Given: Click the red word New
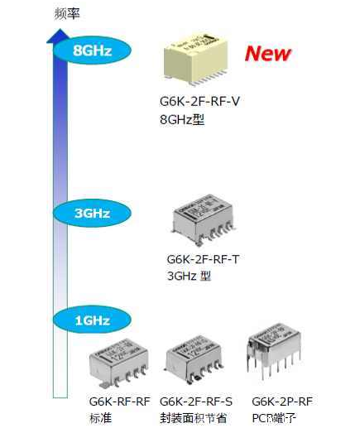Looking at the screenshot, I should click(x=267, y=54).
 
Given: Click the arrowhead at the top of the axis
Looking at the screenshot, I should click(x=57, y=36).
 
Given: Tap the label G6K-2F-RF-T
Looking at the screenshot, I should click(x=204, y=259).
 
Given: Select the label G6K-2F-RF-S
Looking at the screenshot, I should click(x=197, y=401).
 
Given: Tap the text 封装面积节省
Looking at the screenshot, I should click(x=193, y=417).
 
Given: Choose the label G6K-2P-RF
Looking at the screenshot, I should click(x=282, y=401).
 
